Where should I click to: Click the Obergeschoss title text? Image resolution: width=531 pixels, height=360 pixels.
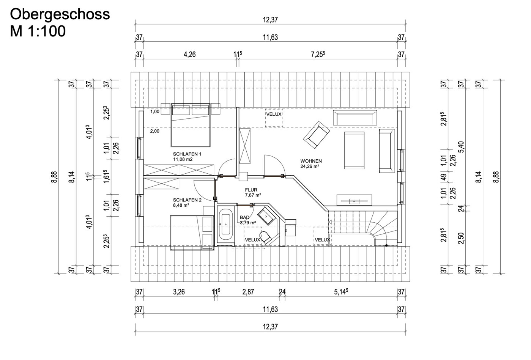pyautogui.click(x=60, y=14)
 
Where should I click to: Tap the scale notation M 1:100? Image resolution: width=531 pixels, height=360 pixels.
pyautogui.click(x=38, y=31)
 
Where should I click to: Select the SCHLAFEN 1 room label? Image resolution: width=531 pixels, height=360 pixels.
pyautogui.click(x=187, y=154)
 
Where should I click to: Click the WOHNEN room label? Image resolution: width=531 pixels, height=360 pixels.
pyautogui.click(x=311, y=161)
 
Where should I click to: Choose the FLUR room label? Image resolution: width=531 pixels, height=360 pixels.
pyautogui.click(x=251, y=190)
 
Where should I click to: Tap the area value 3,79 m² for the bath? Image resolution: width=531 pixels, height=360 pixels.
pyautogui.click(x=248, y=223)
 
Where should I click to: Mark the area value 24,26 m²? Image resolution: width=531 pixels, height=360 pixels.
pyautogui.click(x=310, y=166)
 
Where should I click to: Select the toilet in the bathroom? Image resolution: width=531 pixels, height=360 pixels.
pyautogui.click(x=265, y=237)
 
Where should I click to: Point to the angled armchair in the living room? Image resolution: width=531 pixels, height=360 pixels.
pyautogui.click(x=316, y=135)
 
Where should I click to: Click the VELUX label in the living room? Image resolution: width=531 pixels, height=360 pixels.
pyautogui.click(x=274, y=114)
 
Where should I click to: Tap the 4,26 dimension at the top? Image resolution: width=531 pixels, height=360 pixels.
pyautogui.click(x=189, y=54)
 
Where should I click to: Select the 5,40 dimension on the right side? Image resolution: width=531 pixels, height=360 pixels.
pyautogui.click(x=462, y=147)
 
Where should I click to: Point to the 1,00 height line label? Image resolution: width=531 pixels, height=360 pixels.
pyautogui.click(x=154, y=112)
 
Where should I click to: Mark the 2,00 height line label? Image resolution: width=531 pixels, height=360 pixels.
pyautogui.click(x=154, y=131)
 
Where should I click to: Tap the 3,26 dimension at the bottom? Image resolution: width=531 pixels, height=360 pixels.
pyautogui.click(x=179, y=292)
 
